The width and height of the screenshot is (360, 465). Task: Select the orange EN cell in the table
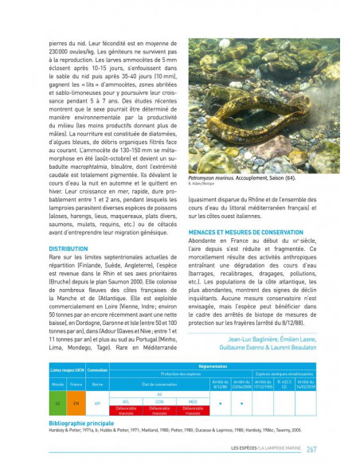click(76, 403)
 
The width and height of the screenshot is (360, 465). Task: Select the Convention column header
click(98, 371)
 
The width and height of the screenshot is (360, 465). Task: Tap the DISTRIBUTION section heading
click(68, 248)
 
